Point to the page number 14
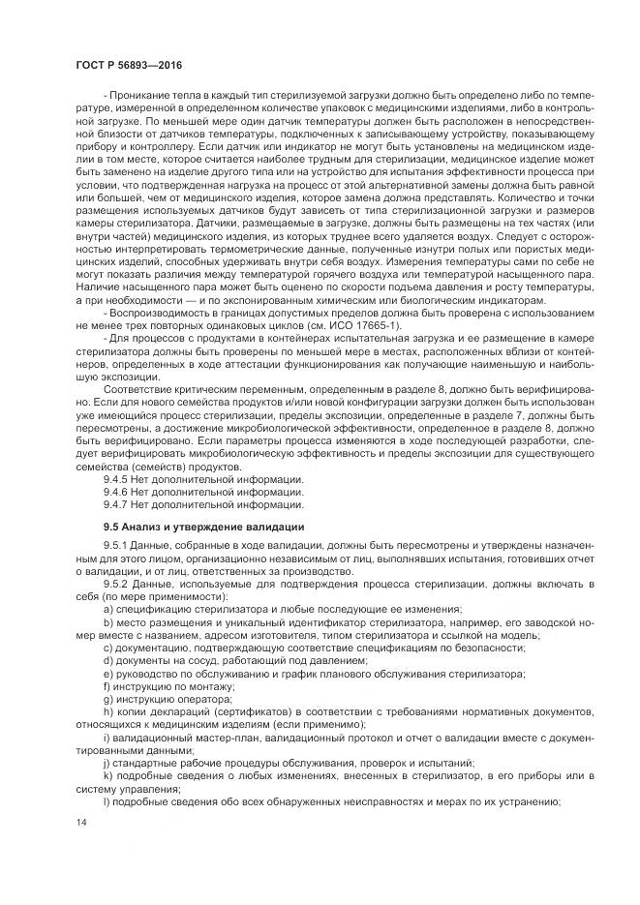tap(80, 821)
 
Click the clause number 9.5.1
tap(116, 548)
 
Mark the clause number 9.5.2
tap(116, 585)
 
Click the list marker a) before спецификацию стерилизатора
tap(107, 610)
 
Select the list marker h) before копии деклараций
tap(107, 711)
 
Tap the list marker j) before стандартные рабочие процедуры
tap(107, 763)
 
